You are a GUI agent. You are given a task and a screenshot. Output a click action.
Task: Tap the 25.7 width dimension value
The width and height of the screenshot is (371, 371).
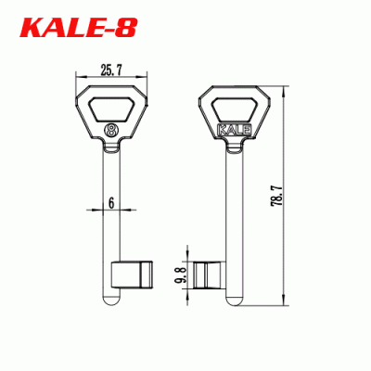[109, 68]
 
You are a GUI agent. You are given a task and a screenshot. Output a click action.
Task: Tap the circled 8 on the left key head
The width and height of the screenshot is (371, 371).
[111, 130]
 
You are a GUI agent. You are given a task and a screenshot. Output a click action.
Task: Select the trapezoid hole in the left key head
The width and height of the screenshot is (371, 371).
[111, 109]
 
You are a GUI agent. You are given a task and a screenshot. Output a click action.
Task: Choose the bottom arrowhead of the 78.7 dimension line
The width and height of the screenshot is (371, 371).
[286, 305]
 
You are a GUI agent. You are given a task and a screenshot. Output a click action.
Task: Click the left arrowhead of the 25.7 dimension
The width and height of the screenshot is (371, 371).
[77, 76]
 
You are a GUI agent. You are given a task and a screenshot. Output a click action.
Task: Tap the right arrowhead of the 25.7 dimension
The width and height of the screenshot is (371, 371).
[144, 76]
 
